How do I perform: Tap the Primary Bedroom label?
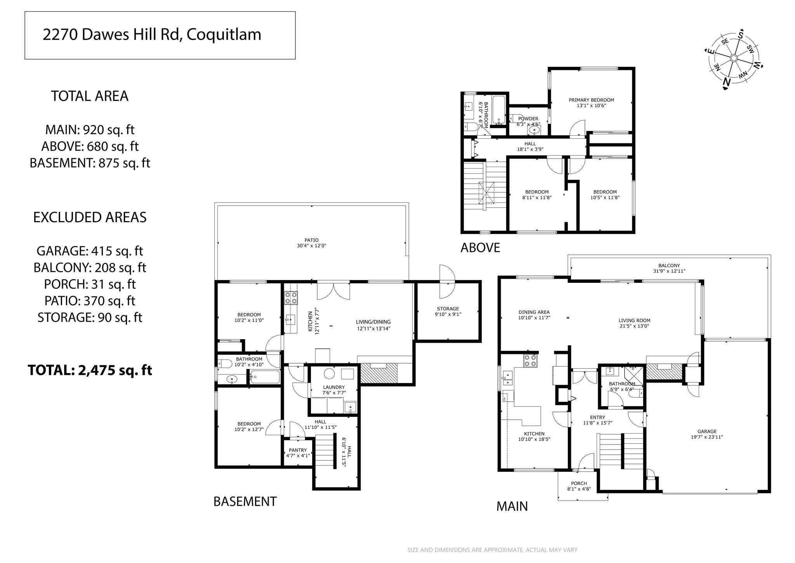click(x=591, y=100)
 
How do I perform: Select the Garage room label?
click(x=707, y=431)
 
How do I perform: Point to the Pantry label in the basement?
click(x=298, y=450)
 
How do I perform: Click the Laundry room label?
click(x=334, y=387)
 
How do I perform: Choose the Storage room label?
click(x=448, y=309)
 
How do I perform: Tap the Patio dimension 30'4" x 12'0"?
click(x=311, y=246)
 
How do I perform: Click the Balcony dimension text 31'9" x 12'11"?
click(x=669, y=271)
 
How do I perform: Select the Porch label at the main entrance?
click(x=579, y=483)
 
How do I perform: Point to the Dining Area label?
click(x=534, y=312)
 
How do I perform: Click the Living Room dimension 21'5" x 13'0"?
click(x=634, y=326)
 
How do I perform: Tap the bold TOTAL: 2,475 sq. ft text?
click(x=90, y=370)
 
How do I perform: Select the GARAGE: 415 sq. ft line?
click(x=90, y=251)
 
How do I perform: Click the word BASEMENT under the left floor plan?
click(x=245, y=501)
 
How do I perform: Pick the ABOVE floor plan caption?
click(x=480, y=248)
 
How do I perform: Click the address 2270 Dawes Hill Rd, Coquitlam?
click(x=152, y=35)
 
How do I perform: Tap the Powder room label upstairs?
click(x=528, y=119)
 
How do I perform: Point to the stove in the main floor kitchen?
click(x=530, y=361)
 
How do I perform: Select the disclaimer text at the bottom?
click(x=492, y=550)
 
